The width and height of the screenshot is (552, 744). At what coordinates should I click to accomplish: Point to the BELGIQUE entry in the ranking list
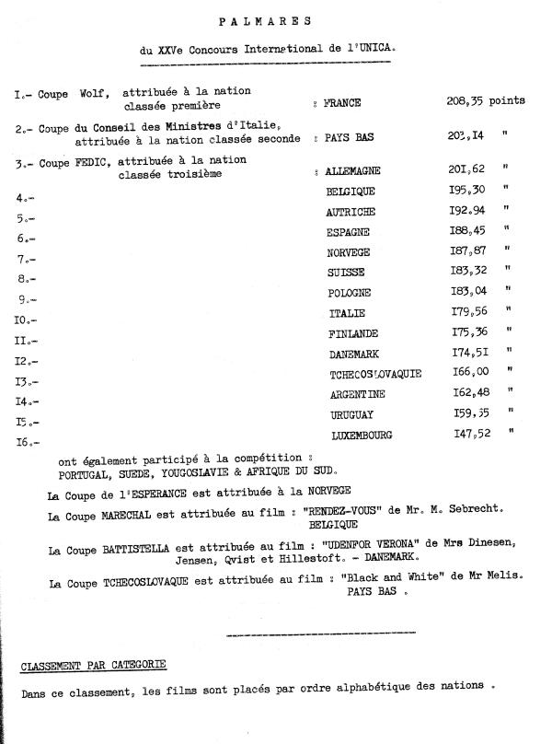point(351,192)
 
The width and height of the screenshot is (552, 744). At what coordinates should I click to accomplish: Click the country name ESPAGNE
point(350,232)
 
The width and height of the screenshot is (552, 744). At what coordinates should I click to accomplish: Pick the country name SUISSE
point(346,273)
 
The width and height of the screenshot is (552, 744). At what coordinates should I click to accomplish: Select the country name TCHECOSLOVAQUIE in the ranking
point(375,375)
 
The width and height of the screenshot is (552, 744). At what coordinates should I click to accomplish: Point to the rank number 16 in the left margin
point(25,443)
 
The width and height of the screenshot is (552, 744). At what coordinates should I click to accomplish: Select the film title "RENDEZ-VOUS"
point(379,509)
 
